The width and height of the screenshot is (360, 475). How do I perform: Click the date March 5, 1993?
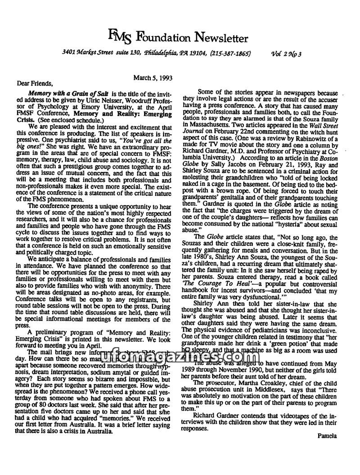coord(152,77)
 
